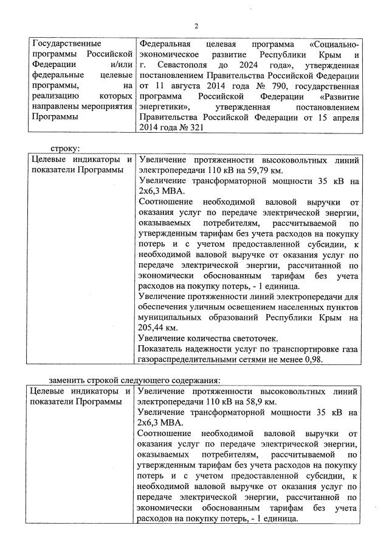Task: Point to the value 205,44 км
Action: point(154,327)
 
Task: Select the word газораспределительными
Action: point(188,359)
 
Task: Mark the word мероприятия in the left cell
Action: point(107,107)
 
